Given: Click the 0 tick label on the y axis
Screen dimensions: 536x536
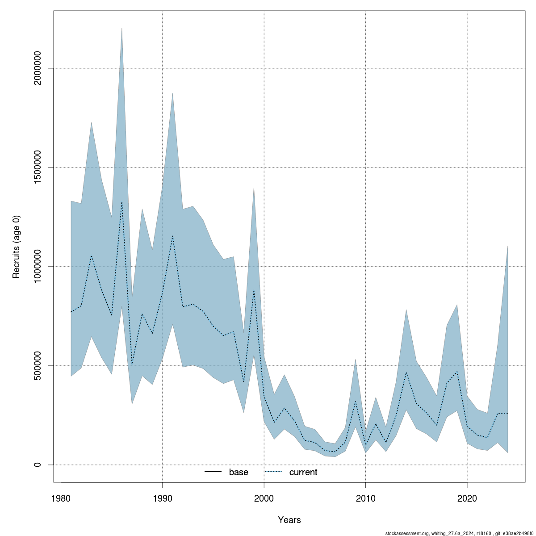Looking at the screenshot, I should [38, 465].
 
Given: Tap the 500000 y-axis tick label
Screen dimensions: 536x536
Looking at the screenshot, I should [38, 365].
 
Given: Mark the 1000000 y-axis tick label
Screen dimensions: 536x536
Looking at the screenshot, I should [38, 266].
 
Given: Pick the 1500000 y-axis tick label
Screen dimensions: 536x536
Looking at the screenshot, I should [38, 167].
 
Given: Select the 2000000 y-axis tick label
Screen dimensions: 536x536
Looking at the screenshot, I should [38, 68].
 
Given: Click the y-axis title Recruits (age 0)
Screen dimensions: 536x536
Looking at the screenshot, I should [17, 247].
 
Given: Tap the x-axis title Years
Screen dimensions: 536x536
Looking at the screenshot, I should [289, 520].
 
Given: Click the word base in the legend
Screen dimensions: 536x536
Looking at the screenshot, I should [239, 472].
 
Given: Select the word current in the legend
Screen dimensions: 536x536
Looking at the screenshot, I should [303, 472].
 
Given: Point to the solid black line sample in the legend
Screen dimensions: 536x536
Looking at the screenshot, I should [213, 472].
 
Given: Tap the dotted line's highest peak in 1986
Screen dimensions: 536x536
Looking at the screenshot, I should [121, 202].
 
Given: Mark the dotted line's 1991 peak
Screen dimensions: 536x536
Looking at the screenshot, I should [172, 236].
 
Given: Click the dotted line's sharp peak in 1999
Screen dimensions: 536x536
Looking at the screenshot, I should [254, 291].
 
